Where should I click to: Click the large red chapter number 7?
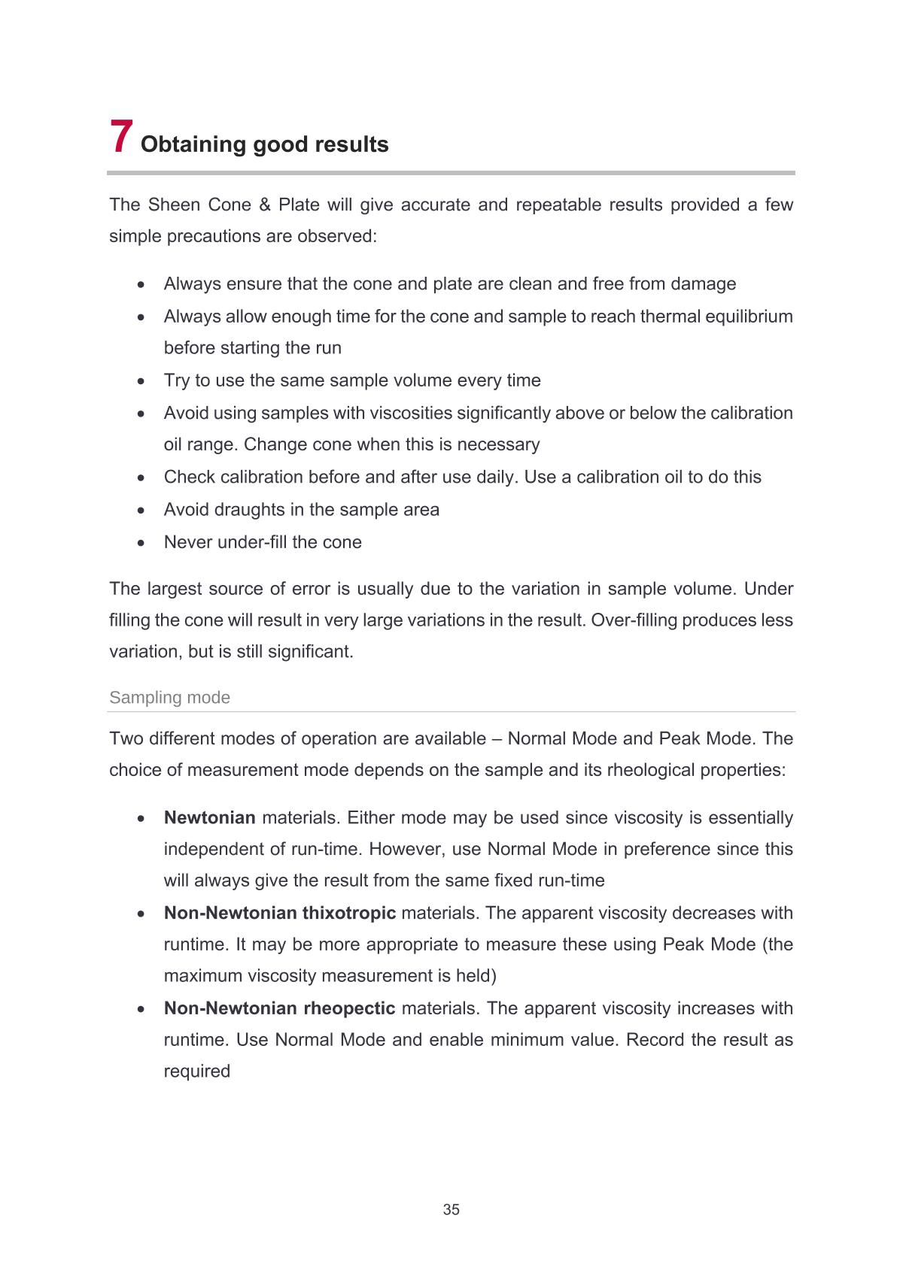coord(122,137)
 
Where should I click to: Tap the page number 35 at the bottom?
coord(451,1210)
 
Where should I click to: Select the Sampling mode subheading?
coord(170,698)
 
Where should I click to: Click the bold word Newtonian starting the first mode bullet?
coord(210,818)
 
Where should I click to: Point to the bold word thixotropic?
coord(348,914)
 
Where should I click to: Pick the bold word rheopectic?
coord(349,1008)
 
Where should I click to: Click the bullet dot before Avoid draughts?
coord(141,511)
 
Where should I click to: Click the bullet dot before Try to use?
coord(141,381)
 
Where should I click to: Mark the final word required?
coord(197,1071)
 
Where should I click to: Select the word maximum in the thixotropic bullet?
coord(202,976)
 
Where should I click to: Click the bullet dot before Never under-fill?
coord(141,543)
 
